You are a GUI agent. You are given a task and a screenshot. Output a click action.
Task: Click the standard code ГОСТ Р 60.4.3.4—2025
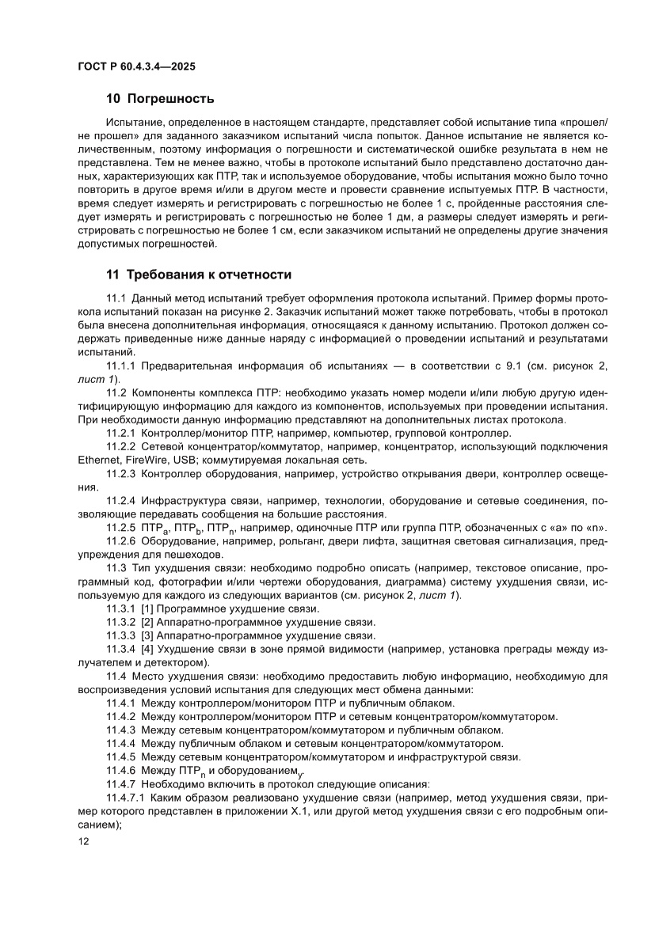point(136,66)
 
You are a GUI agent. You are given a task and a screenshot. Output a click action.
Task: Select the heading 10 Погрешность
point(160,99)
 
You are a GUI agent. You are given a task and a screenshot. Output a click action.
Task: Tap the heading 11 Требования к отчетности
point(199,275)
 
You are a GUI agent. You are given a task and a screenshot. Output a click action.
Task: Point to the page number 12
point(83,842)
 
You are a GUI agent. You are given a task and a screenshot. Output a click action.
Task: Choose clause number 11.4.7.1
point(128,799)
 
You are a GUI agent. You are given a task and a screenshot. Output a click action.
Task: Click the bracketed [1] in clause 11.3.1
point(147,608)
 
